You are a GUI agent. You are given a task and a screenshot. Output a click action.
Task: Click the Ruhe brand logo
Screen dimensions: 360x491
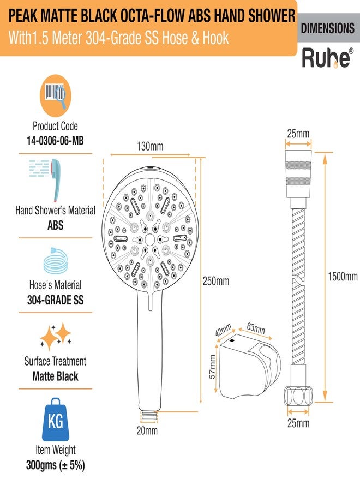coord(327,58)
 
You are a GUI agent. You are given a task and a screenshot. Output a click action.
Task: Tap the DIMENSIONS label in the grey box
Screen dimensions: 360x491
coord(328,28)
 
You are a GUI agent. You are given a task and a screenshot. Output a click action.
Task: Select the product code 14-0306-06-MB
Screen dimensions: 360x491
coord(56,141)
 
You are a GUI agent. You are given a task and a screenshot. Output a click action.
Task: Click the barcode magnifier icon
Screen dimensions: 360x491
coord(56,95)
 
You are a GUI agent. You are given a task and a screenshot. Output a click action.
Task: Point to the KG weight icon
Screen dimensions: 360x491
coord(56,420)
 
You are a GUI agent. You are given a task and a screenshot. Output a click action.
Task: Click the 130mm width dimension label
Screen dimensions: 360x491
coord(150,146)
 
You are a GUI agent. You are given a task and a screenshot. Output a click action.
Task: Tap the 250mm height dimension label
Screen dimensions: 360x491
coord(216,281)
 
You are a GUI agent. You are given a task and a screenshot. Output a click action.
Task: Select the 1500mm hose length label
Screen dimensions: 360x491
coord(343,276)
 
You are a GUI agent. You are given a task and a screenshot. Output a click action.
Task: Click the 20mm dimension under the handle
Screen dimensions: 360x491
coord(147,430)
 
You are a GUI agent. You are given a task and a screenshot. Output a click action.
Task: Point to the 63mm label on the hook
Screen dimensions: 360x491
coord(256,328)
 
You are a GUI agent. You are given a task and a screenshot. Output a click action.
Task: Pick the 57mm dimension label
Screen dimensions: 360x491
coord(213,367)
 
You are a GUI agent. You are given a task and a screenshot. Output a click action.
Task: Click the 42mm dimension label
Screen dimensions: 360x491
coord(223,330)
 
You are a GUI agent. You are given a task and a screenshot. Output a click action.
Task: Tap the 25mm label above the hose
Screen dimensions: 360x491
coord(298,134)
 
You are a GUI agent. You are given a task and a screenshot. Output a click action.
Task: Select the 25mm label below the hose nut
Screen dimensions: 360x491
coord(298,423)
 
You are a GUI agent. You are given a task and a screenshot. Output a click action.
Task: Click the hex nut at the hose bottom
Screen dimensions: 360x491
coord(298,396)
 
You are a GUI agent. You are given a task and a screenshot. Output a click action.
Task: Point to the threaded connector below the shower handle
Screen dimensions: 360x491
coord(149,416)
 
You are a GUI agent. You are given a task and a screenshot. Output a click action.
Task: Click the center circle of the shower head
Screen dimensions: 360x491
coord(149,240)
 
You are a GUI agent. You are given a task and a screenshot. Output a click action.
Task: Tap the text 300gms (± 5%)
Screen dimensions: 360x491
coord(56,465)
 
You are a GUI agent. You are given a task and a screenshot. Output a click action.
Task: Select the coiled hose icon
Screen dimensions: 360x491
coord(56,261)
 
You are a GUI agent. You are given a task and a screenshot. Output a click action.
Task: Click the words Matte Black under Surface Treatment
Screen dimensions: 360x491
coord(56,376)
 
